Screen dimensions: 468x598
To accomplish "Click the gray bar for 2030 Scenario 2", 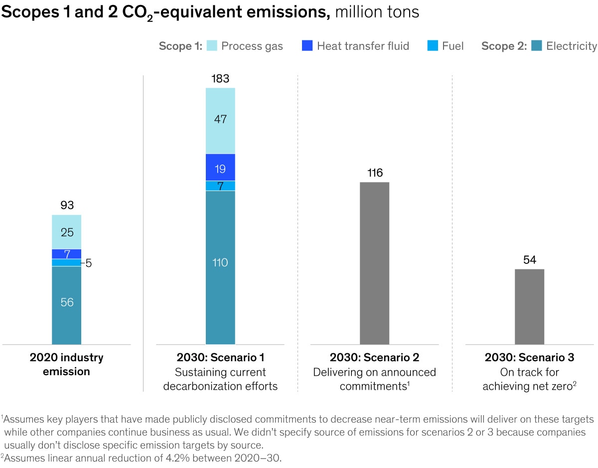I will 374,263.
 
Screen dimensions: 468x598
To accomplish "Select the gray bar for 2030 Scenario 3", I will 529,306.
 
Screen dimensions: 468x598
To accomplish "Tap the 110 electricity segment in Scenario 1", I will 220,267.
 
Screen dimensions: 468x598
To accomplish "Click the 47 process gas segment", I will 220,120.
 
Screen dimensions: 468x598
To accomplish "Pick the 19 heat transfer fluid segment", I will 220,167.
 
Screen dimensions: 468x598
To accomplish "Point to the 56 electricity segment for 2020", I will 67,305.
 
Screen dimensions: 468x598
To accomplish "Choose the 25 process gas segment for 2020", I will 67,232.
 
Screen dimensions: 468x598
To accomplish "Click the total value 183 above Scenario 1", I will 220,79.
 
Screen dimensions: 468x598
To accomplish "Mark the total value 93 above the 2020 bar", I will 67,206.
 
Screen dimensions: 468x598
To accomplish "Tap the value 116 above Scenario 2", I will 374,173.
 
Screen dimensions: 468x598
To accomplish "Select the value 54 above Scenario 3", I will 529,260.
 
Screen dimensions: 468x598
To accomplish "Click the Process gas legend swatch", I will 211,46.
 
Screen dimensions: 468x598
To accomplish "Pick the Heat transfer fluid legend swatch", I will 307,46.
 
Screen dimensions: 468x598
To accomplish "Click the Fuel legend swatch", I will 433,46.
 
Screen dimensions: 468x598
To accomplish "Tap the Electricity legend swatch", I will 536,46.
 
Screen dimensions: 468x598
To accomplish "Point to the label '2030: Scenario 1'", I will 220,358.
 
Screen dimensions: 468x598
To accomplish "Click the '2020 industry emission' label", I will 67,365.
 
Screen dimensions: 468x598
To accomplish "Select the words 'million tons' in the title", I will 377,12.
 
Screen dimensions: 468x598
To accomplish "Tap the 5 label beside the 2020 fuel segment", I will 88,263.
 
